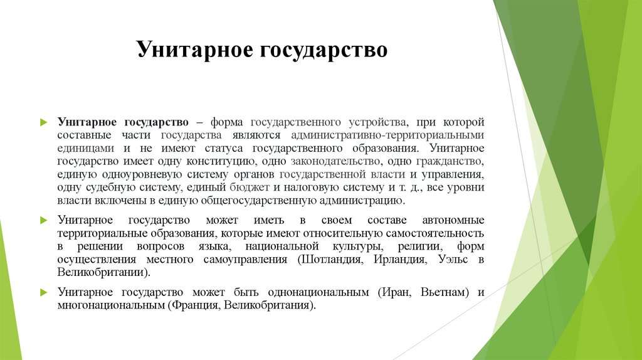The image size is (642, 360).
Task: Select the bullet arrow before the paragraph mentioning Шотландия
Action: [43, 221]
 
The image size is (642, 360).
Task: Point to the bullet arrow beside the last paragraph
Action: [43, 292]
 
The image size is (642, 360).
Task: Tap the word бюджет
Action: [255, 188]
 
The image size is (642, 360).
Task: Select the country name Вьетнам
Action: [442, 292]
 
